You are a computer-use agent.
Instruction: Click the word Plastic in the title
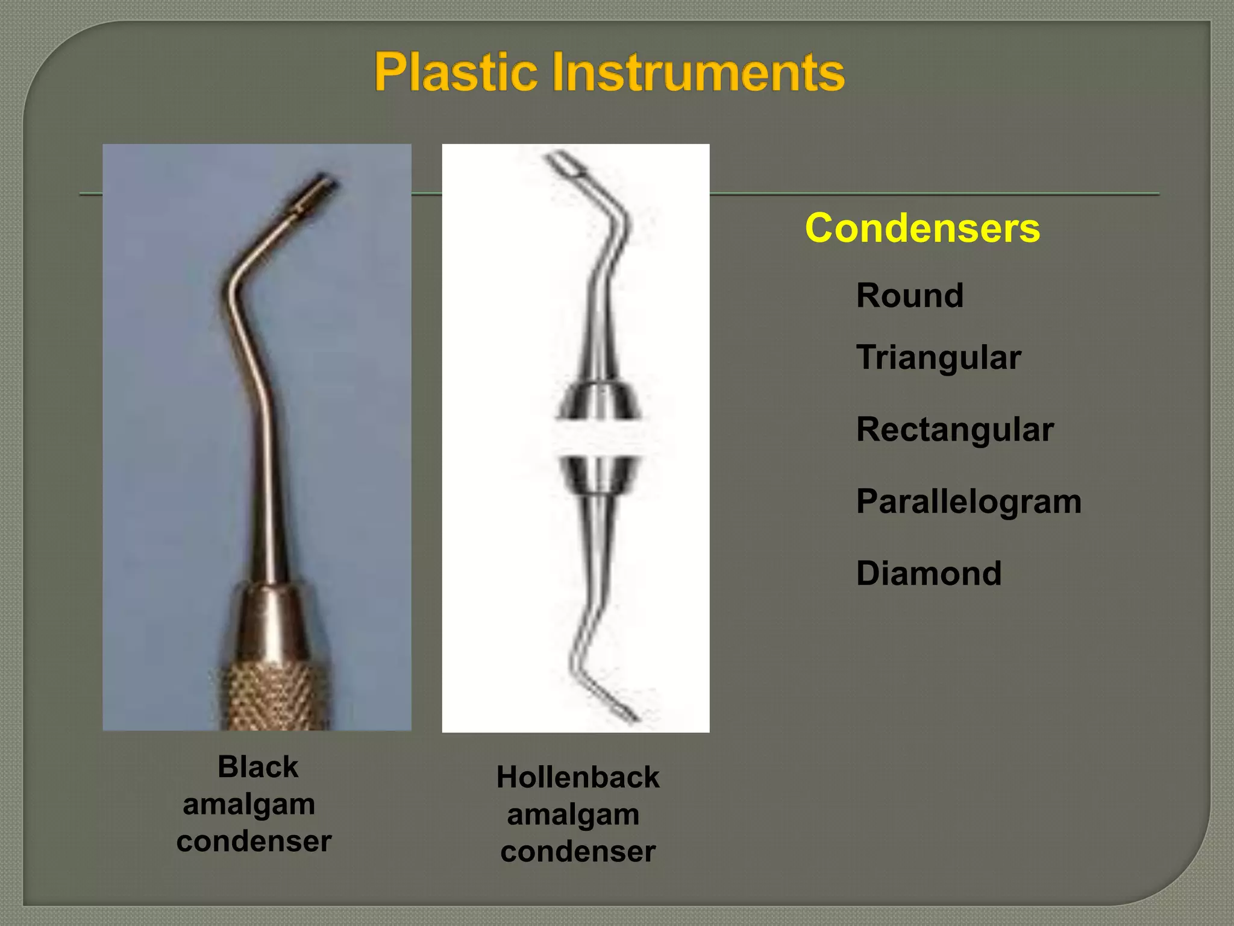coord(455,72)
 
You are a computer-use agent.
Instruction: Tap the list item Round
coord(909,295)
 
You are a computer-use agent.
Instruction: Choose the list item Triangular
coord(938,357)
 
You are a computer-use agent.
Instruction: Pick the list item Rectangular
coord(954,429)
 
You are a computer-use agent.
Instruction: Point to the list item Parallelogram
coord(968,501)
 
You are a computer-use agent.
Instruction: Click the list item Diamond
coord(929,573)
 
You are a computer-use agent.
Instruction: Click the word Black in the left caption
coord(258,767)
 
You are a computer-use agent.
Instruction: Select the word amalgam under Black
coord(249,804)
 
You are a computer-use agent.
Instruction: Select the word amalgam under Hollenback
coord(573,814)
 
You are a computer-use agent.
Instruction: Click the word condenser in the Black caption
coord(254,841)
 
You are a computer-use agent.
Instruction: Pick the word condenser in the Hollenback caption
coord(578,851)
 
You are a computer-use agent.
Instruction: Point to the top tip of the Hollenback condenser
coord(565,163)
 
